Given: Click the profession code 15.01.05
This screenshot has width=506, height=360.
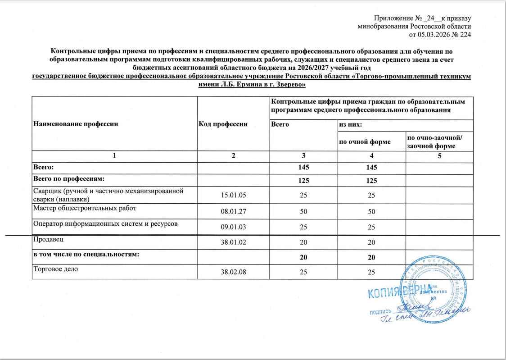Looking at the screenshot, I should click(233, 196).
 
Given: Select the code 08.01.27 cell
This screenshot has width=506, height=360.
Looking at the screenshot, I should click(233, 212).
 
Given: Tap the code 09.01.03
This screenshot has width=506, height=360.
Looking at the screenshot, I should click(233, 228).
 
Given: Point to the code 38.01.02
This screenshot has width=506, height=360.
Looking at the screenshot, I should click(233, 242).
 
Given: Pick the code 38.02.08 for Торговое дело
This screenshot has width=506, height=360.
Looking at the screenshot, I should click(233, 273).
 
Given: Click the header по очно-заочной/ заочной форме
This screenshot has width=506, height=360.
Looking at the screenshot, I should click(431, 142).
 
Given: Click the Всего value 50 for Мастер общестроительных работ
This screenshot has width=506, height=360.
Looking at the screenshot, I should click(303, 212).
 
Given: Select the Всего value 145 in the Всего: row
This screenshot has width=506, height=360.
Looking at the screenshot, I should click(303, 168).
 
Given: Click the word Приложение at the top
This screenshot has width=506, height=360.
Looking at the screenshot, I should click(391, 18).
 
